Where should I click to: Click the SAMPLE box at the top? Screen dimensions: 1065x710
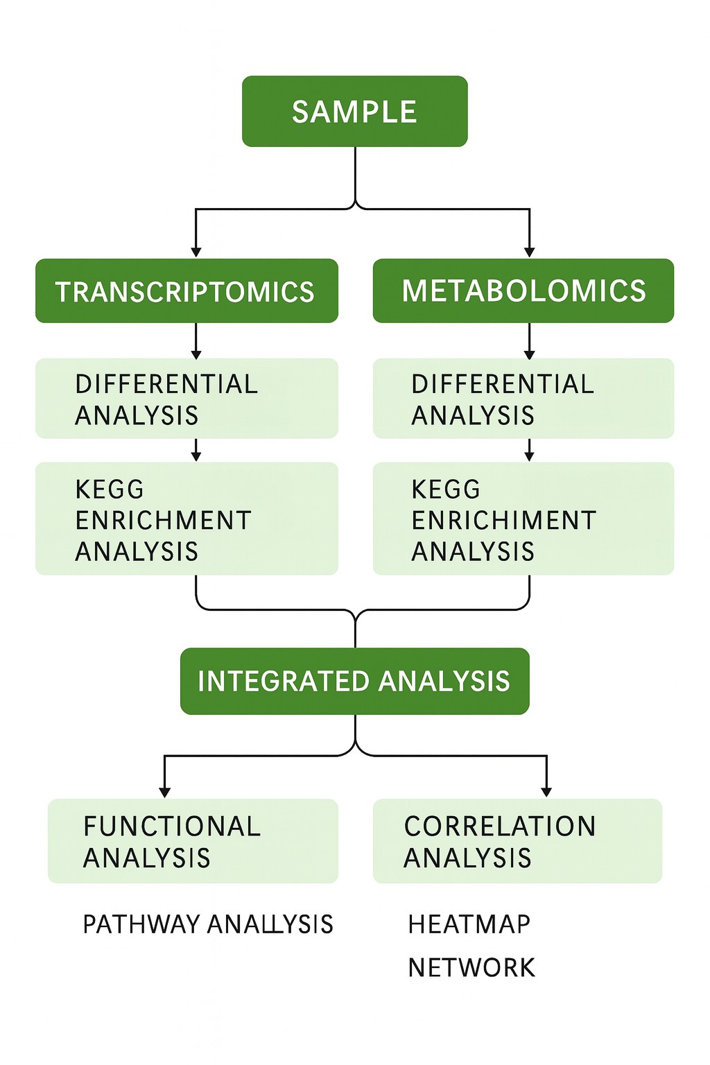[354, 112]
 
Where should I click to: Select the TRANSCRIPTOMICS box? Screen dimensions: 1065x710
[187, 291]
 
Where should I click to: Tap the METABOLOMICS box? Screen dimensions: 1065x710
[523, 291]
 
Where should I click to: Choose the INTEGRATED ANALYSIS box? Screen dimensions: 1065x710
[354, 681]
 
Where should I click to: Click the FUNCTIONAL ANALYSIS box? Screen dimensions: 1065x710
[193, 841]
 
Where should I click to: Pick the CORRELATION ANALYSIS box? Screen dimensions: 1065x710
[517, 841]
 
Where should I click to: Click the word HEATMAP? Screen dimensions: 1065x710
[469, 924]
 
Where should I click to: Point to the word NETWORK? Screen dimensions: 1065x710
[471, 967]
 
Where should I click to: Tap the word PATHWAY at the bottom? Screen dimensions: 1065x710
[141, 924]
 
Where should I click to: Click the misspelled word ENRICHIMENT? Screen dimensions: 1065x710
[504, 520]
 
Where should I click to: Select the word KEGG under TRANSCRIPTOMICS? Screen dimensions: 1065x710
[110, 490]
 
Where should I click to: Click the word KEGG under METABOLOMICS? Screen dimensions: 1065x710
[446, 490]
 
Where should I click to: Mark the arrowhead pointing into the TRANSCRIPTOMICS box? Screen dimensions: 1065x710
[196, 252]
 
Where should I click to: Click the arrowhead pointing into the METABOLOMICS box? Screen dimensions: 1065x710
[530, 252]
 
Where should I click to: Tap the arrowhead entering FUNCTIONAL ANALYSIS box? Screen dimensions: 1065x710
[164, 793]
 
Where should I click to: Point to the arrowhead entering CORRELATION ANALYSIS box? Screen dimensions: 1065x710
[546, 793]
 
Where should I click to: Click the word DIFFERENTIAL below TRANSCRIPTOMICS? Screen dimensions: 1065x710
[166, 384]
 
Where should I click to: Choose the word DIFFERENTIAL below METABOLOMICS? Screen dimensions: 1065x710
[503, 384]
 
